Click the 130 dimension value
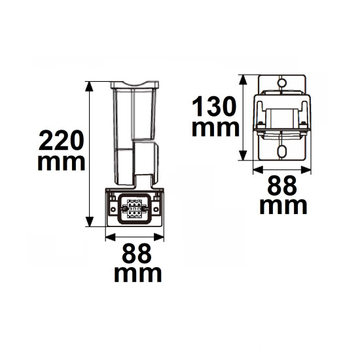[x=215, y=105]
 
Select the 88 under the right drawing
[x=282, y=187]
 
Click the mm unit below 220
[x=60, y=162]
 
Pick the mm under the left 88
[x=137, y=274]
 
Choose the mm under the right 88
[x=283, y=206]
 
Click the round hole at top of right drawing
[x=282, y=83]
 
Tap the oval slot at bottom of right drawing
[x=282, y=151]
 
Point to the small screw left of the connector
[x=113, y=209]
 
